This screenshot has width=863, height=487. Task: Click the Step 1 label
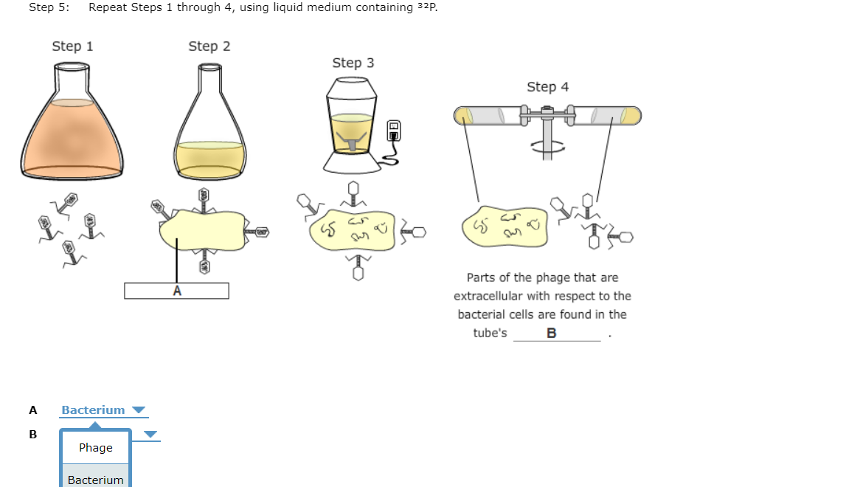(x=72, y=46)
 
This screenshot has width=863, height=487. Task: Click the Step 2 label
(x=209, y=46)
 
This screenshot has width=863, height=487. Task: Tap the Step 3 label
(x=353, y=63)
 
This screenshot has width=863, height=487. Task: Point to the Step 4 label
(x=547, y=87)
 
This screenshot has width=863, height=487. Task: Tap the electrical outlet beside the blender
(x=395, y=131)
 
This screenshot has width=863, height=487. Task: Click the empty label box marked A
(x=176, y=291)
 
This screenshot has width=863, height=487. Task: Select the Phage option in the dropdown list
(x=96, y=448)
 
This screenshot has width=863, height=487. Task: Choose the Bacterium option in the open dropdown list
(x=96, y=480)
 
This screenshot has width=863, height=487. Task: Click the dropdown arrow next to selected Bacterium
(x=139, y=410)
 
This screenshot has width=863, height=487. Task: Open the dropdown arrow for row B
(x=150, y=435)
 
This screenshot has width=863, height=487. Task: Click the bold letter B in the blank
(x=552, y=333)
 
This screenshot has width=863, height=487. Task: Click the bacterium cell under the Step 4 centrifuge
(x=505, y=227)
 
